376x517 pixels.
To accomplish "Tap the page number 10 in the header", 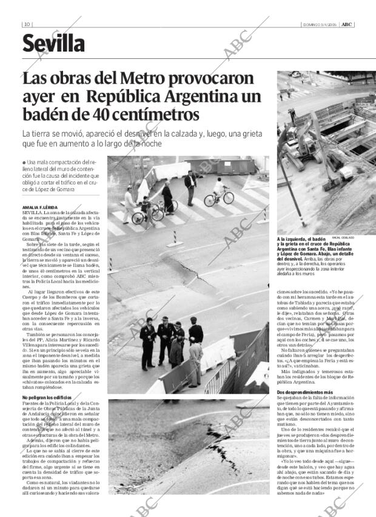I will [x=27, y=24].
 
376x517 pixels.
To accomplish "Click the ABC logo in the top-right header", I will [x=346, y=24].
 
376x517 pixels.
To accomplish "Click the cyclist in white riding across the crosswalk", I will [x=219, y=191].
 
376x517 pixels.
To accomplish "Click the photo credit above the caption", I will [x=343, y=238].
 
